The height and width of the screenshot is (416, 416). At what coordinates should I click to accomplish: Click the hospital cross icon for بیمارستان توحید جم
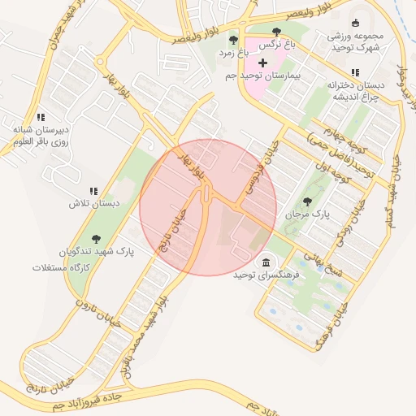262,63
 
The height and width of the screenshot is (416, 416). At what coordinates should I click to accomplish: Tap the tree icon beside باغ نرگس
276,32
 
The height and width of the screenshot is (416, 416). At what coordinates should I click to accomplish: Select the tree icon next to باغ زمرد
234,39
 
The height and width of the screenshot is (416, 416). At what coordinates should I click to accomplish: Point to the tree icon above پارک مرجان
306,201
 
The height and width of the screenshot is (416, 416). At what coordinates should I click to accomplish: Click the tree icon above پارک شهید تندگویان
97,239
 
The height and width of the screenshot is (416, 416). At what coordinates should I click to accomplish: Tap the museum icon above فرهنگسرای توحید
267,262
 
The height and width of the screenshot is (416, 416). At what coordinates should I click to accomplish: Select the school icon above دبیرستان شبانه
40,117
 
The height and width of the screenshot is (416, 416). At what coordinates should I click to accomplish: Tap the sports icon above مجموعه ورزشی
355,24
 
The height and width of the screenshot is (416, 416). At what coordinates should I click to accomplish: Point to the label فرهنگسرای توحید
266,276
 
